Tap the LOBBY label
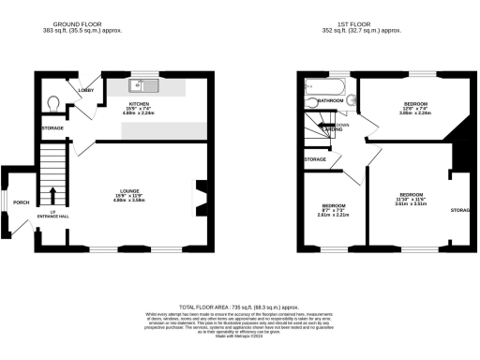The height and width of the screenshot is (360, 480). pos(86,91)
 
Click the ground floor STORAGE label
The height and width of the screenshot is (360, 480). pos(52,127)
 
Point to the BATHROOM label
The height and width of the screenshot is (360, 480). pos(330,99)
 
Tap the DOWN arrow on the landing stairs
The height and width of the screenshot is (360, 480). pos(330,124)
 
